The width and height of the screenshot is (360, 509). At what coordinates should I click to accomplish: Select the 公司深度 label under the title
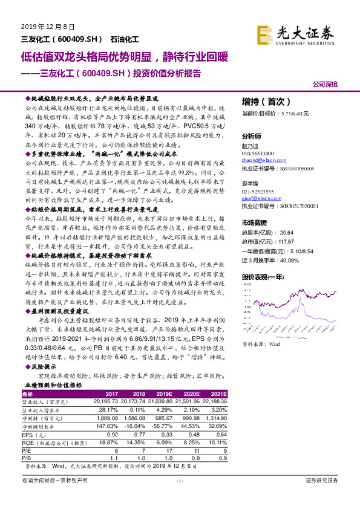[x=325, y=85]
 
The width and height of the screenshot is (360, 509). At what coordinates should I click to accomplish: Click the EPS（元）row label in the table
[x=37, y=433]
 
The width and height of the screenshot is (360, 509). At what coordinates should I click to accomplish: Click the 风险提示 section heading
[x=42, y=367]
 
